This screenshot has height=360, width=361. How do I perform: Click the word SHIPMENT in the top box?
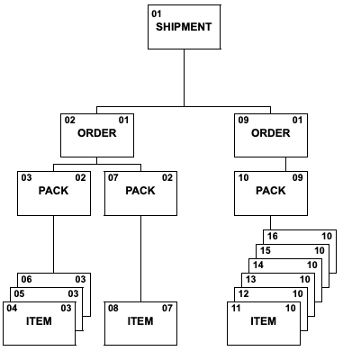pos(184,27)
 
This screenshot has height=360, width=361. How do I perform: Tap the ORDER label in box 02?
pos(97,133)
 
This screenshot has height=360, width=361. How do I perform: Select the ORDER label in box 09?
pos(271,133)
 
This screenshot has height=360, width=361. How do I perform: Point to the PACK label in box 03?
pos(53,191)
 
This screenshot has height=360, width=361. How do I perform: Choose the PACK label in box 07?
pos(140,191)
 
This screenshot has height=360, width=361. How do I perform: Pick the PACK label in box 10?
pos(271,191)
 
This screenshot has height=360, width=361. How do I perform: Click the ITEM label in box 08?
pos(140,321)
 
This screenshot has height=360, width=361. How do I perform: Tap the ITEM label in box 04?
pos(39,321)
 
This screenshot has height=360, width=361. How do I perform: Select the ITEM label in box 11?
pos(264,321)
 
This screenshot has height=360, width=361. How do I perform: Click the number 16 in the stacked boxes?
pos(273,236)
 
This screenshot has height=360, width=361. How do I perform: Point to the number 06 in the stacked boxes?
pos(26,280)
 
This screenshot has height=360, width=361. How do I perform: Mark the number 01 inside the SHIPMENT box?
pos(157,14)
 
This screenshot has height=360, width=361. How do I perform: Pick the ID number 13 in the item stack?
pos(251,280)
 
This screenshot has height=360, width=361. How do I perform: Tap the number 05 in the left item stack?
pos(19,293)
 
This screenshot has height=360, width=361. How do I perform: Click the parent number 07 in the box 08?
pos(167,308)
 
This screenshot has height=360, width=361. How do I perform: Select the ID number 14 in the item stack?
pos(258,265)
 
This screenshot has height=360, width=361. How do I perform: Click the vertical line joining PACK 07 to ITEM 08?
pos(140,259)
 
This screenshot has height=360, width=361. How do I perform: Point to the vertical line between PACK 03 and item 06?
pos(54,245)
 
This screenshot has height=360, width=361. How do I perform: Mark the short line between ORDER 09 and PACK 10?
pos(285,165)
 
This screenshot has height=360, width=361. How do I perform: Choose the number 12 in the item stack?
pos(244,293)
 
